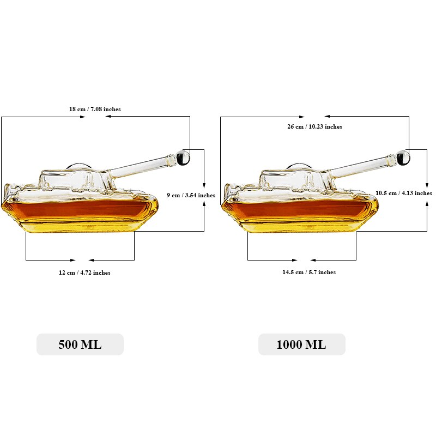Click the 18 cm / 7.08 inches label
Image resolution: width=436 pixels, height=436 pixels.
(95, 109)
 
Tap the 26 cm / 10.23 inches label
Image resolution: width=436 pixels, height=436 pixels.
(314, 126)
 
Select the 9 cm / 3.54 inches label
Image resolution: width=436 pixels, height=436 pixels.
(191, 195)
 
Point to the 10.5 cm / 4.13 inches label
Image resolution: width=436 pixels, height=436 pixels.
(403, 193)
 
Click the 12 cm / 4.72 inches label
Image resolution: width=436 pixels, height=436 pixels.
(84, 272)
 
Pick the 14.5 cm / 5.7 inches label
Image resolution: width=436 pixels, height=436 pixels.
(308, 272)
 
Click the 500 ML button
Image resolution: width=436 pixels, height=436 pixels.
(80, 344)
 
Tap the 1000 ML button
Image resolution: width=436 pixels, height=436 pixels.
(302, 344)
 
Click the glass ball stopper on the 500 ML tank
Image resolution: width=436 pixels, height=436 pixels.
(183, 157)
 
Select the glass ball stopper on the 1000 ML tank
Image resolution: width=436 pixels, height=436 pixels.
(403, 157)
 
